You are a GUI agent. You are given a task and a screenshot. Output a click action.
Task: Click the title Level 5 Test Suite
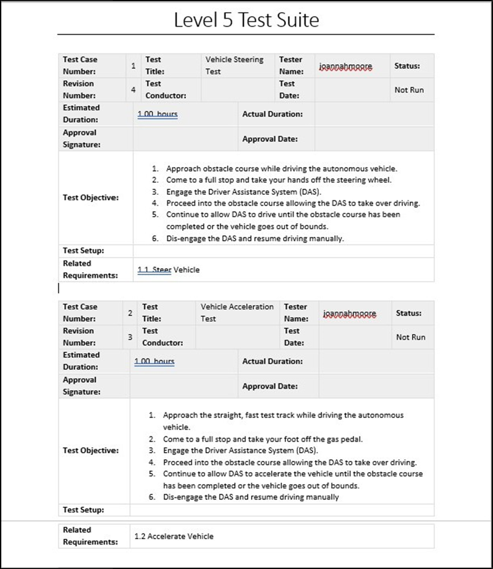[246, 20]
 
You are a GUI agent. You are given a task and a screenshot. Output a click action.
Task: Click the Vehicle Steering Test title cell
[234, 65]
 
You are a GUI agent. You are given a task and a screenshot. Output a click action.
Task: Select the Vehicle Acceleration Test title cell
[237, 313]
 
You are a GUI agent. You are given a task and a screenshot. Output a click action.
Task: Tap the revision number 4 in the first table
[133, 90]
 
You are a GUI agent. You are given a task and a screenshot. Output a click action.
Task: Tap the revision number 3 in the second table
[130, 337]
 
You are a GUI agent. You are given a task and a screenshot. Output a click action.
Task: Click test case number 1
[133, 66]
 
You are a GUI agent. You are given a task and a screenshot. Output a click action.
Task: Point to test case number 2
[130, 313]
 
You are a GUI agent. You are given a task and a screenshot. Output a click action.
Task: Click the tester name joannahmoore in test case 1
[345, 66]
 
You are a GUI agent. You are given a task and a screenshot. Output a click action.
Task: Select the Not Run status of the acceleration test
[410, 337]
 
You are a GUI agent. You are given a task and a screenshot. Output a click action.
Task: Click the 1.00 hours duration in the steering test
[157, 114]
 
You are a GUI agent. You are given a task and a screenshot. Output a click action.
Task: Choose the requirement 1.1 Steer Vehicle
[168, 270]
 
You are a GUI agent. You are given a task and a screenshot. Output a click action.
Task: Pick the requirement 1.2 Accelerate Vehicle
[174, 536]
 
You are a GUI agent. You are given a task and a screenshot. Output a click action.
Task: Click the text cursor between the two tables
[59, 288]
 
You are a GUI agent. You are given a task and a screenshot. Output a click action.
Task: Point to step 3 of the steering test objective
[243, 192]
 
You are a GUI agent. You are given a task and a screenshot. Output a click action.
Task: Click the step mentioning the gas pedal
[263, 439]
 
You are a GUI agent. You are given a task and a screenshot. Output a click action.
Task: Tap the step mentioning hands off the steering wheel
[279, 180]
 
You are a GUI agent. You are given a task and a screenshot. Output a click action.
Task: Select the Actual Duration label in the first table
[272, 114]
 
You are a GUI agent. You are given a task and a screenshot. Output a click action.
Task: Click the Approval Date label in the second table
[270, 386]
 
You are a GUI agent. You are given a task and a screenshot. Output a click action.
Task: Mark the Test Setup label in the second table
[83, 510]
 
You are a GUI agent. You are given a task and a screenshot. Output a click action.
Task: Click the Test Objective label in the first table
[90, 198]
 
